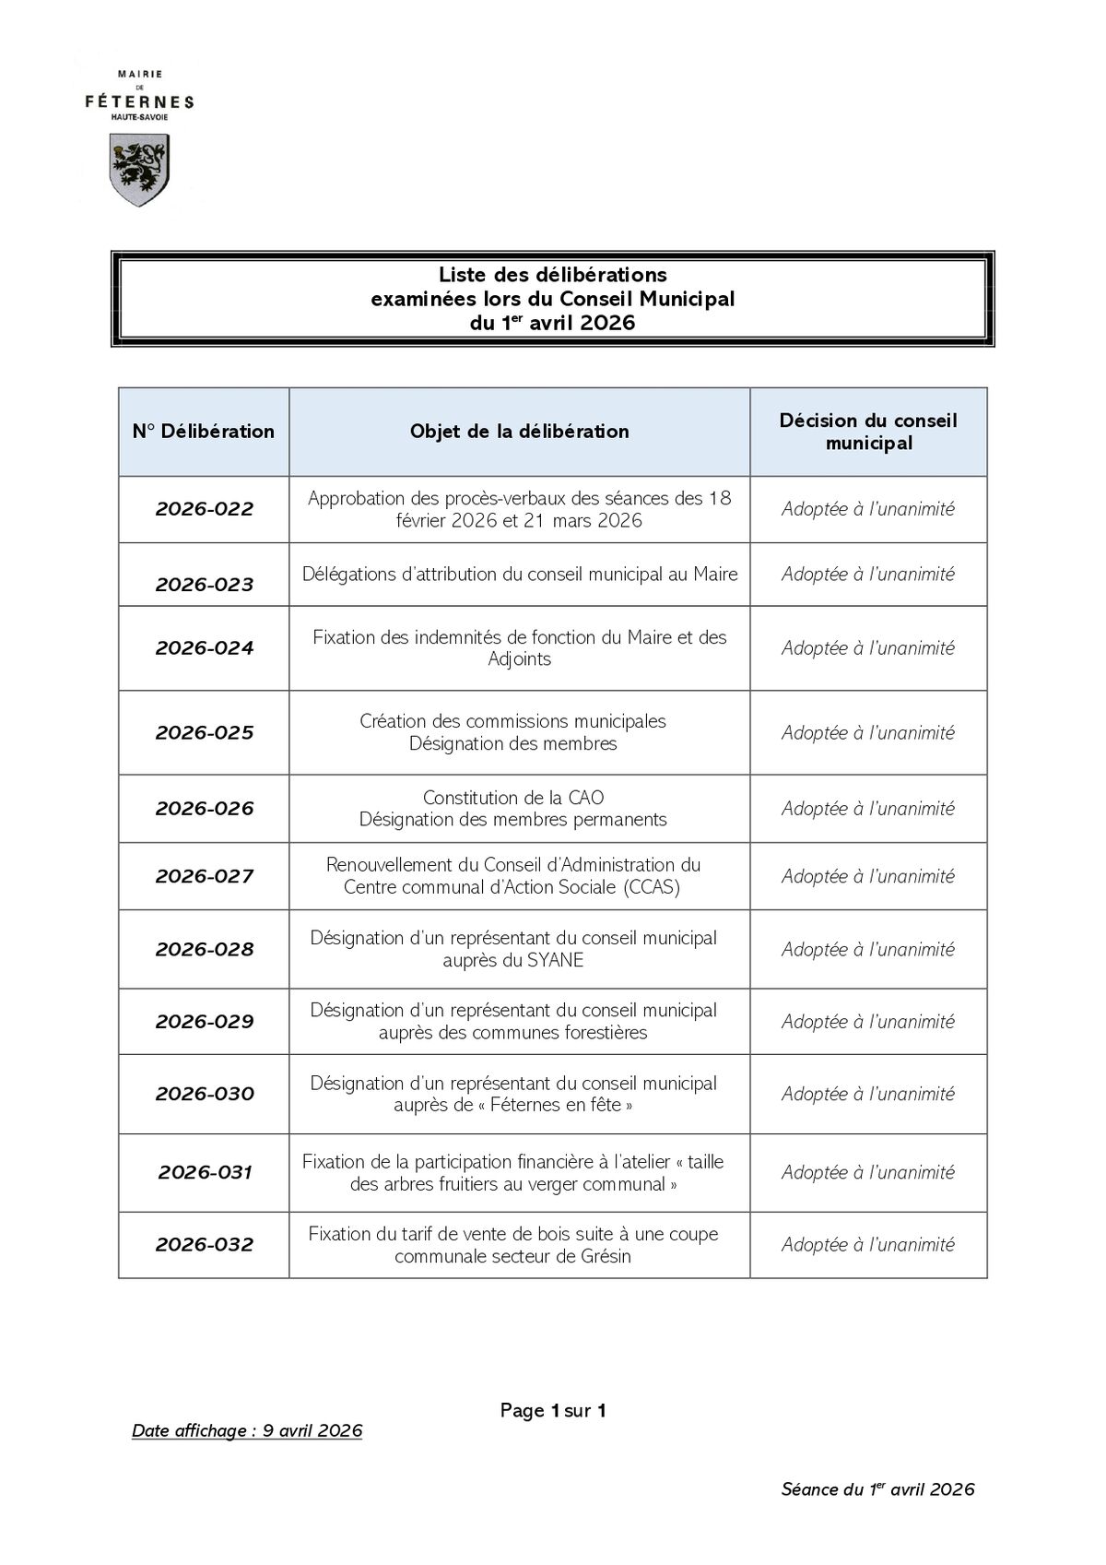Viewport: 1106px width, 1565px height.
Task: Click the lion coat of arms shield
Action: click(139, 169)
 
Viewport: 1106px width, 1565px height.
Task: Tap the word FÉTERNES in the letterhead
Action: click(139, 101)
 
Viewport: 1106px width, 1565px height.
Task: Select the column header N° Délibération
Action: click(204, 432)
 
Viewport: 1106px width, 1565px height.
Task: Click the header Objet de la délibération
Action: click(519, 432)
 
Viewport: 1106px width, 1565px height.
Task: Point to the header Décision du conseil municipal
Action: click(868, 432)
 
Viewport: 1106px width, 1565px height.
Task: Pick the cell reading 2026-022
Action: click(204, 509)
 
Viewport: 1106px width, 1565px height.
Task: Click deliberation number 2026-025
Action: click(204, 733)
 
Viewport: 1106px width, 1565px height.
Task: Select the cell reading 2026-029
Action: click(204, 1022)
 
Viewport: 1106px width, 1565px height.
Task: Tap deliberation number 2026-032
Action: click(204, 1245)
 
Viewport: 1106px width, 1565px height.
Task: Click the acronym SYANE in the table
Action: click(555, 960)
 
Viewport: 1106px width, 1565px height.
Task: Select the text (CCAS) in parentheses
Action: click(651, 887)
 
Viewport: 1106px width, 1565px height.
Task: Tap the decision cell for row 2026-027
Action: click(868, 877)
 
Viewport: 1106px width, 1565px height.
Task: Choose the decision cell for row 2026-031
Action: click(868, 1173)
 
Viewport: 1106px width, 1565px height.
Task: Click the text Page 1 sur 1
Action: click(553, 1410)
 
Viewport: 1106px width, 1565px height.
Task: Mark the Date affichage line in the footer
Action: click(247, 1431)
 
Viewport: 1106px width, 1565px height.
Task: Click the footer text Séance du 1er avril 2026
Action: click(877, 1489)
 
